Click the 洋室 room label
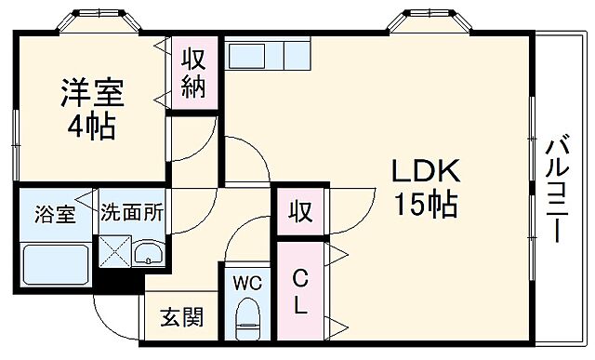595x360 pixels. (x=92, y=95)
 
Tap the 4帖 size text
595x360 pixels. (x=92, y=127)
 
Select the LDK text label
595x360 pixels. (x=423, y=171)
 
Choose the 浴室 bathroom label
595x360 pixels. (x=55, y=212)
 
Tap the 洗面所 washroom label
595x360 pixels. (x=132, y=212)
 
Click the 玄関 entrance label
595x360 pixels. (x=180, y=319)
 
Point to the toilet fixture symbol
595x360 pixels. (x=247, y=318)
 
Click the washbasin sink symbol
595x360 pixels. (x=149, y=253)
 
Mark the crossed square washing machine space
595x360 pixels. (x=115, y=252)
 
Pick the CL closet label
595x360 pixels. (x=300, y=290)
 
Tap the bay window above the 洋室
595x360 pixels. (x=93, y=23)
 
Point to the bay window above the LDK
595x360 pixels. (x=427, y=23)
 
